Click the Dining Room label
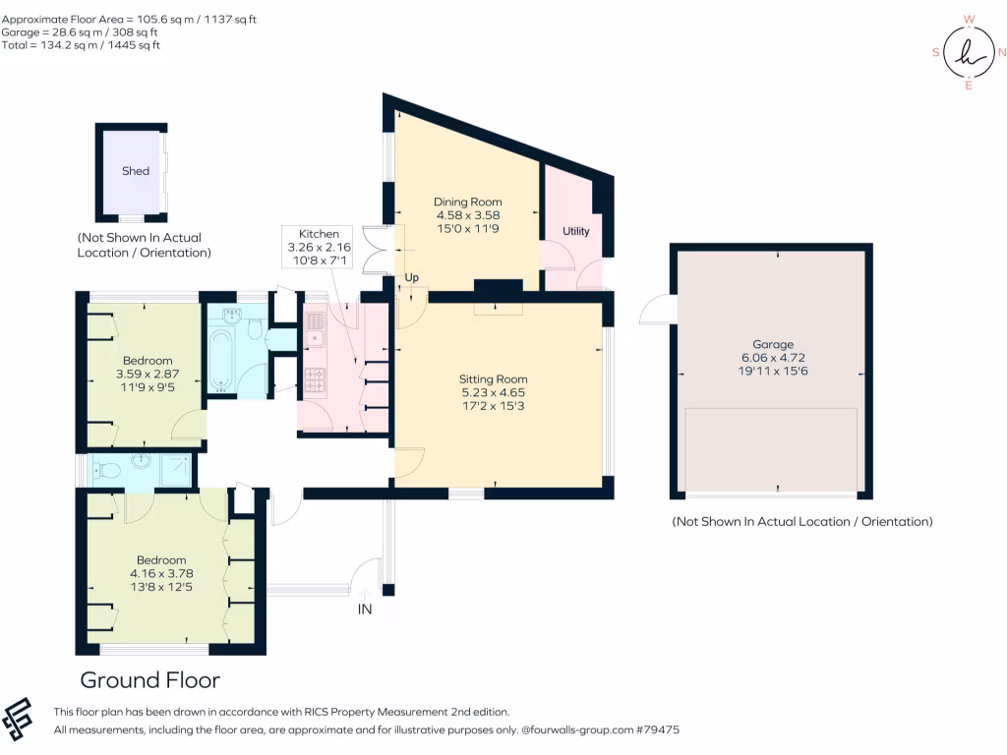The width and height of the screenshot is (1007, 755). tap(467, 202)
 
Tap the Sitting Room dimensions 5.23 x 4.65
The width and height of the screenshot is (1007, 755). tap(494, 392)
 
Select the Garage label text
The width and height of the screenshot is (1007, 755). tap(773, 344)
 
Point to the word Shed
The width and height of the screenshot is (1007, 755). tap(136, 171)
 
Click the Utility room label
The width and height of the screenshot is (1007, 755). tap(576, 231)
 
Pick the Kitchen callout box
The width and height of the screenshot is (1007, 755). tap(318, 247)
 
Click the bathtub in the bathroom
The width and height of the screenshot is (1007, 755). tap(220, 361)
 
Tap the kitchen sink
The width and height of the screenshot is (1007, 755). tap(315, 330)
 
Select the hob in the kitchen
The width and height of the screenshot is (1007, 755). tap(315, 379)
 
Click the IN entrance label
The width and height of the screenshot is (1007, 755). tap(365, 609)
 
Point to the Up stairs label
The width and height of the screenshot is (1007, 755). tap(412, 277)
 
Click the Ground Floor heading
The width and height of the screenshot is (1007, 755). tap(150, 680)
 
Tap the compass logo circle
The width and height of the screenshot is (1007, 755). tap(969, 53)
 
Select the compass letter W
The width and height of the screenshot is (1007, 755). tap(969, 20)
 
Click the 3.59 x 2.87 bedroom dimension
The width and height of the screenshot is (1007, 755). tap(148, 374)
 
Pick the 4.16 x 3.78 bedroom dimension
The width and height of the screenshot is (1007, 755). tap(161, 573)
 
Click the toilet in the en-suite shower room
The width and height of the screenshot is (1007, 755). tap(106, 471)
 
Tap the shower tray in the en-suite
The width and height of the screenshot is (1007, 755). tap(175, 470)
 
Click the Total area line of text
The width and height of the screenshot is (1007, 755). tap(81, 45)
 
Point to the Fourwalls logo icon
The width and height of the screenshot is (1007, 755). tap(18, 719)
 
